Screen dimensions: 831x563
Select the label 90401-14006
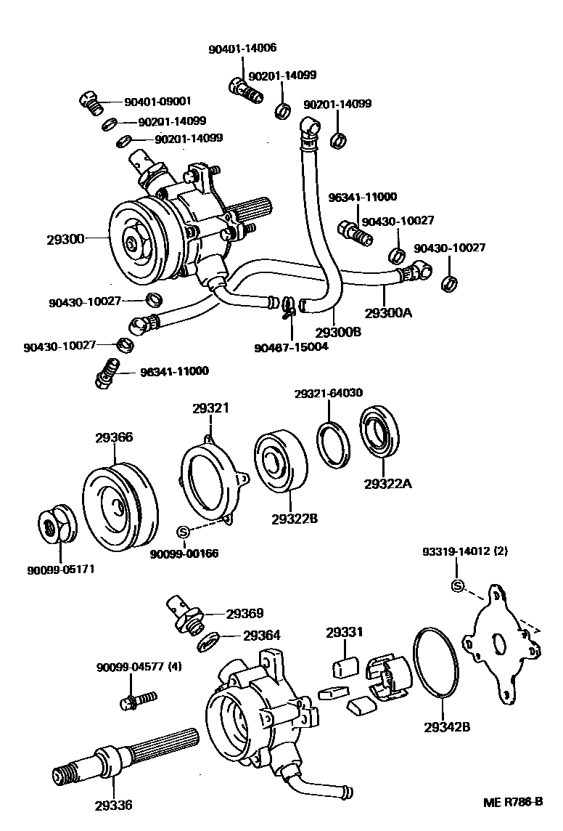coord(242,49)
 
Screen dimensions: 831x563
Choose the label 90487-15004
coord(291,346)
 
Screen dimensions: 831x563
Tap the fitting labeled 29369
coord(184,612)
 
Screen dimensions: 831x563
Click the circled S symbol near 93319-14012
coord(457,586)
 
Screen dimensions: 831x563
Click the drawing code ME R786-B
coord(513,803)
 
